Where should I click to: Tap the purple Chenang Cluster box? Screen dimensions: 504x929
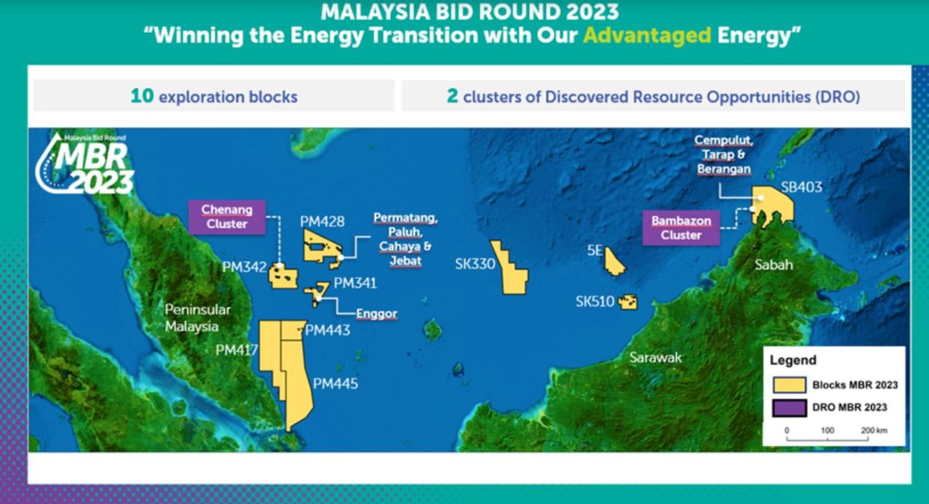tap(227, 217)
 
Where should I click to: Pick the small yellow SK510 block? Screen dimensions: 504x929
tap(627, 301)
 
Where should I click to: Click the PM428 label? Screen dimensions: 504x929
tap(322, 221)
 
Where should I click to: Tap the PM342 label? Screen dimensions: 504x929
tap(244, 267)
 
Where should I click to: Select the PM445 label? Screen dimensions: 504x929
tap(336, 383)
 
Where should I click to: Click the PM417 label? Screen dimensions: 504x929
tap(236, 349)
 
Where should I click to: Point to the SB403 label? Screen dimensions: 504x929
tap(802, 187)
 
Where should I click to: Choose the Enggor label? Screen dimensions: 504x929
tap(377, 313)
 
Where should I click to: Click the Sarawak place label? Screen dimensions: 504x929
tap(656, 358)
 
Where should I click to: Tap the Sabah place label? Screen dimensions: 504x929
tap(773, 265)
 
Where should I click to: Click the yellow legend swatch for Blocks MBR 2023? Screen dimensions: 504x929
tap(790, 385)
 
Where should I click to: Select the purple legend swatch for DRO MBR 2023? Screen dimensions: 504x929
tap(790, 407)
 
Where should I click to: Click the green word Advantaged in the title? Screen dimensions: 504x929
tap(647, 36)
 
